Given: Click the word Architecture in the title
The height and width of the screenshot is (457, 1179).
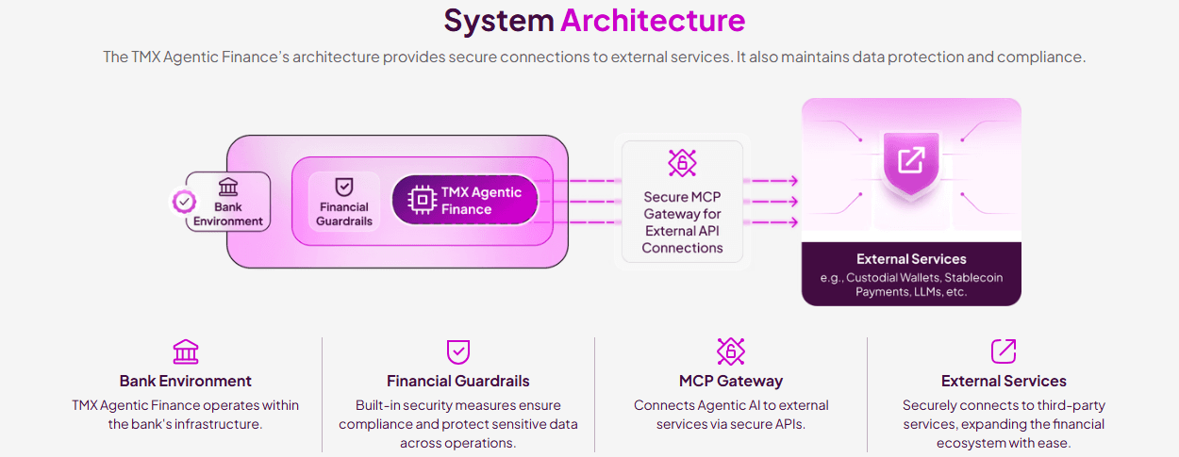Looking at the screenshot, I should coord(653,20).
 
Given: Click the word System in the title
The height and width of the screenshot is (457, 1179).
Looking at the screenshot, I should coord(499,20).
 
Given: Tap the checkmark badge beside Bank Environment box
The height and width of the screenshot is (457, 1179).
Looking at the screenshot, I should coord(185,201).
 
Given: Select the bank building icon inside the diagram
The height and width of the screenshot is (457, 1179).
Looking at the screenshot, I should coord(228,187).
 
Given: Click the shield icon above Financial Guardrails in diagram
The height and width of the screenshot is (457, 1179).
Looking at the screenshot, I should coord(344,186).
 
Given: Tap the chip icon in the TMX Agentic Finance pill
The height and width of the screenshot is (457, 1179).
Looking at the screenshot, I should coord(421,200).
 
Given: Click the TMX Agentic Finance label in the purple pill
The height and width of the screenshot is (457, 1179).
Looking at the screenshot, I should coord(481,201).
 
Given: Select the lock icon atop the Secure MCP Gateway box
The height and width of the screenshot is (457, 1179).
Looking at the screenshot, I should coord(682,162).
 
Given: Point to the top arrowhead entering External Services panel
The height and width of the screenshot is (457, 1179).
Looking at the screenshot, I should coord(793,180).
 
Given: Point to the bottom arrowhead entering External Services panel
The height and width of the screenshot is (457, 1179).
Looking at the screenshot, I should coord(793,222).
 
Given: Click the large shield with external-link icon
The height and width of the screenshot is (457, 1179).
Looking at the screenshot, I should coord(911,162).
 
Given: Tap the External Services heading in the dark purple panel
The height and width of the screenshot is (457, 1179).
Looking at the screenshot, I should coord(911,259).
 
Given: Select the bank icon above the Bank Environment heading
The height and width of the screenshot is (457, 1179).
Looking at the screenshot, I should coord(186,351).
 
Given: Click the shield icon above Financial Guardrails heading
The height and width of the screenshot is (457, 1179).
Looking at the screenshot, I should coord(457,351).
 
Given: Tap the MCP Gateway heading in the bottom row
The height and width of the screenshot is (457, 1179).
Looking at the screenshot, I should coord(731,381).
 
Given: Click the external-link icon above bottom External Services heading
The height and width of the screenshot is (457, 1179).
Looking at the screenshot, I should coord(1004,351).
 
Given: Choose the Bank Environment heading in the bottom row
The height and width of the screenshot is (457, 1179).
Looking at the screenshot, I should coord(186,381).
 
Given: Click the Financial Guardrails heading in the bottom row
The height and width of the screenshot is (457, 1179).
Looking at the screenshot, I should coord(457,381).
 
